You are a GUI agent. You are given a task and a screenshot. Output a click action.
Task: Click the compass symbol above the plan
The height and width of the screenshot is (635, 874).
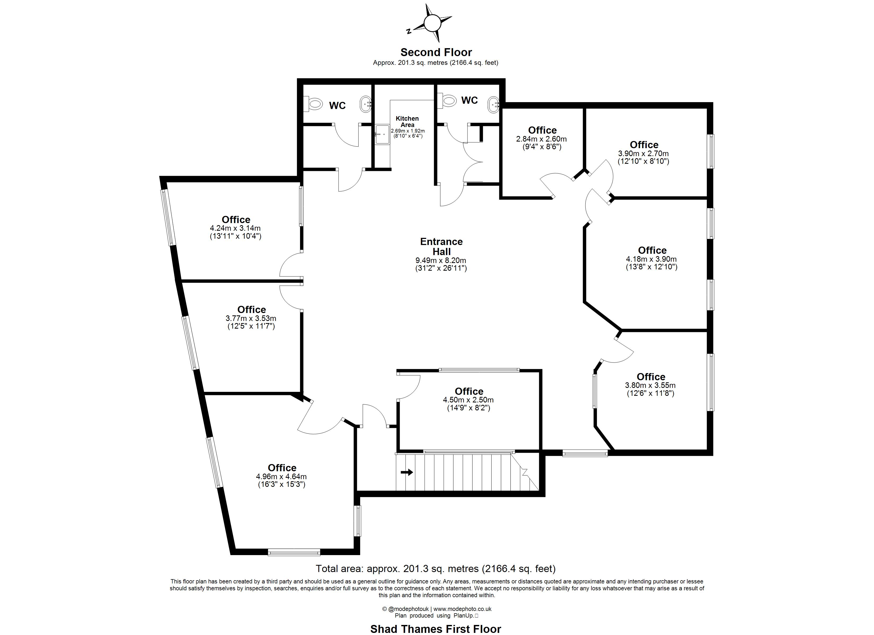pos(432,23)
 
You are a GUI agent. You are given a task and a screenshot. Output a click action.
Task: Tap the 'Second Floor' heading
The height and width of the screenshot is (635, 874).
pos(436,52)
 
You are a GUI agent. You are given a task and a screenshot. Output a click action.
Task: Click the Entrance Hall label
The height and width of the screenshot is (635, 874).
pos(441,246)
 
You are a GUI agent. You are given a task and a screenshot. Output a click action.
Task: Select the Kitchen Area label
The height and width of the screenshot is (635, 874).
pos(407,122)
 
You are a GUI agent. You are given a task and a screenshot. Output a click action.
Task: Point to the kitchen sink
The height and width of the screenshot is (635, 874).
pos(381,133)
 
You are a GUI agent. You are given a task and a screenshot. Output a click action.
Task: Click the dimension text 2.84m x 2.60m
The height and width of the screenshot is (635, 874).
pos(541,139)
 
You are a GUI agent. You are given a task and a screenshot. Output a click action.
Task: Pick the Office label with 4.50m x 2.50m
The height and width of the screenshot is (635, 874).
pos(469,391)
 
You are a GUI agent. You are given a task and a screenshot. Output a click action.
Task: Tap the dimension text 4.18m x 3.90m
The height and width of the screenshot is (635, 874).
pos(651,259)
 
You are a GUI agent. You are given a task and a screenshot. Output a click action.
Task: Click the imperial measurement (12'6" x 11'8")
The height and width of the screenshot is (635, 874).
pos(650,393)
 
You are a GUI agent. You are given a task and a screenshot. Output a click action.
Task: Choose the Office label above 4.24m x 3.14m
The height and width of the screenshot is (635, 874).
pos(236,220)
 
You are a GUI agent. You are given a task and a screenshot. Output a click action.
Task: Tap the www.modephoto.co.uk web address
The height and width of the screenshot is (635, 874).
pos(462,609)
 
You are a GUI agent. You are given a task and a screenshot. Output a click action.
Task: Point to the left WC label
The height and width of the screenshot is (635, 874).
pos(337,106)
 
